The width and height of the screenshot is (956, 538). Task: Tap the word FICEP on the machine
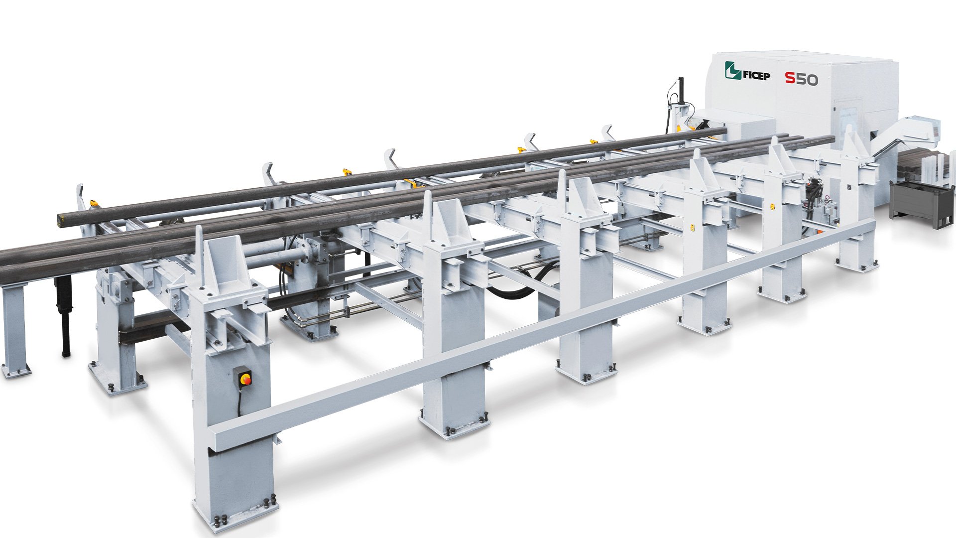point(756,76)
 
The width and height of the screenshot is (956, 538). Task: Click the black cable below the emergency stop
point(239,399)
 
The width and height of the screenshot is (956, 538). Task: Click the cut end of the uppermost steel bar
point(59,219)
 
